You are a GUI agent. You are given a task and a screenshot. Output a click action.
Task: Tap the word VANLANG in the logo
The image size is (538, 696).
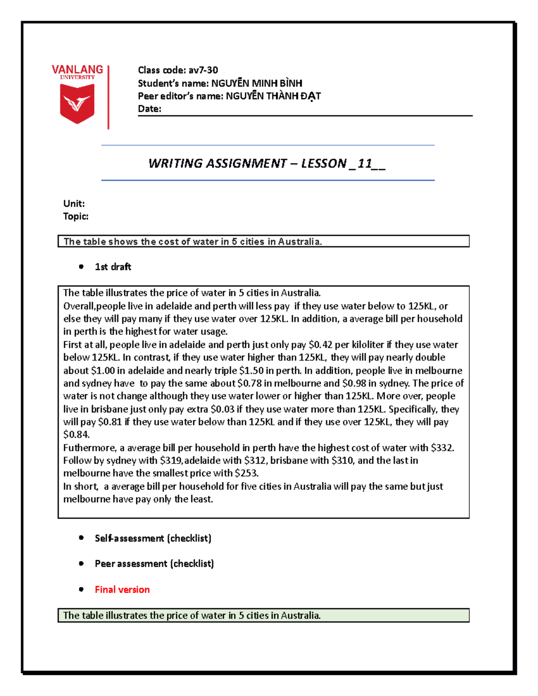pos(77,69)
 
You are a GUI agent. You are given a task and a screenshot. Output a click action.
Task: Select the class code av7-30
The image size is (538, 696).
pos(203,70)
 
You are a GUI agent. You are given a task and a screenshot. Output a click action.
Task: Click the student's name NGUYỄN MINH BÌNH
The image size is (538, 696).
pos(256,83)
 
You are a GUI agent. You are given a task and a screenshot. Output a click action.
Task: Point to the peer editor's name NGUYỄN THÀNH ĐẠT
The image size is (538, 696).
pos(273,96)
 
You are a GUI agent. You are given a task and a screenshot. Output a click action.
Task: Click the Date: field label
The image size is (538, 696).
pos(149,109)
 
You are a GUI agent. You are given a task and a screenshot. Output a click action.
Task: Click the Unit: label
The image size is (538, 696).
pos(74,203)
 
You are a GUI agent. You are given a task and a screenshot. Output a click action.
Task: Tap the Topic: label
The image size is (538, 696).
pos(76,216)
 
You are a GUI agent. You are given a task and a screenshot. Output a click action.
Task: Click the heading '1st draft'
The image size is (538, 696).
pos(113,267)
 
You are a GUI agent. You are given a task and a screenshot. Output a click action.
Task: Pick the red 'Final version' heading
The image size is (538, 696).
pos(122,589)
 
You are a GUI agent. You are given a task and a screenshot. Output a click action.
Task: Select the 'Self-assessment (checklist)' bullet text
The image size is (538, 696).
pos(153,538)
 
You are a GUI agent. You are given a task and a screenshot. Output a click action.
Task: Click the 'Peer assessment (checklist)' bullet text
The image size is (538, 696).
pos(154,564)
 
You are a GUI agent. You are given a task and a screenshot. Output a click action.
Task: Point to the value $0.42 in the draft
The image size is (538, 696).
pos(321,345)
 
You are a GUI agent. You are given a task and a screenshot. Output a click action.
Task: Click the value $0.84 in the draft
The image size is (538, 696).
pos(76,435)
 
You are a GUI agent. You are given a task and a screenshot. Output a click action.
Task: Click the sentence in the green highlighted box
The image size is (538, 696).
pos(192,615)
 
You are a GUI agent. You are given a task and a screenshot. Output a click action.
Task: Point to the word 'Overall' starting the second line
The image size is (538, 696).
pos(79,306)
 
